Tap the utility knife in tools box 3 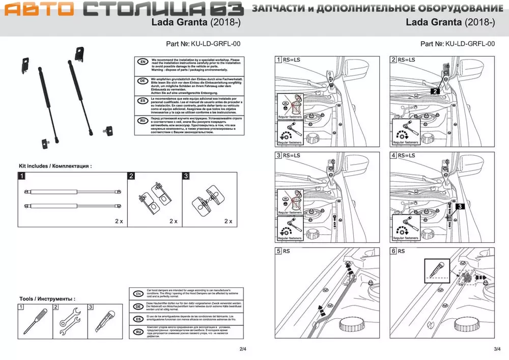pyautogui.click(x=104, y=321)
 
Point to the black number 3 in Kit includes pyautogui.click(x=186, y=176)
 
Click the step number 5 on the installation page pyautogui.click(x=278, y=251)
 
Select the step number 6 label pyautogui.click(x=393, y=251)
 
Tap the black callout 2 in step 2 pyautogui.click(x=434, y=91)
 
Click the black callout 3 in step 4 pyautogui.click(x=460, y=206)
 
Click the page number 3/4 pyautogui.click(x=497, y=349)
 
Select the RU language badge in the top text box pyautogui.click(x=143, y=122)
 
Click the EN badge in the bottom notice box pyautogui.click(x=137, y=294)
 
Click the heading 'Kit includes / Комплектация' pyautogui.click(x=55, y=166)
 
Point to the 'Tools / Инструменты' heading pyautogui.click(x=47, y=299)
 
